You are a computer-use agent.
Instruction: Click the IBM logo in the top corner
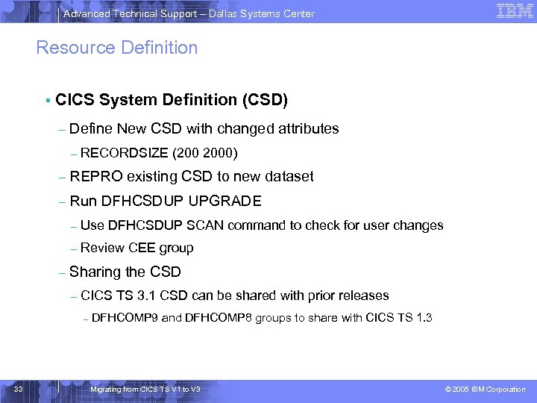[514, 11]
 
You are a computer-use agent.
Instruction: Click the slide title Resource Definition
[117, 48]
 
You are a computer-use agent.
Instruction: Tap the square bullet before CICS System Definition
[47, 99]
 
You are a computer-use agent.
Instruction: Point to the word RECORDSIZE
[124, 154]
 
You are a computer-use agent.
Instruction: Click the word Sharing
[95, 272]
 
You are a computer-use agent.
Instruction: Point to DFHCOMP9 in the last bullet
[125, 319]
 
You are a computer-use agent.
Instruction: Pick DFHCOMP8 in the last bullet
[218, 319]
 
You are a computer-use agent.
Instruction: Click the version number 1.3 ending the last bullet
[424, 319]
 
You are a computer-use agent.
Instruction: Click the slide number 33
[19, 389]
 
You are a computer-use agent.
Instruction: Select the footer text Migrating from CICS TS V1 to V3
[145, 390]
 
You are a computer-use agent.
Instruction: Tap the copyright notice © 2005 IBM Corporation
[485, 390]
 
